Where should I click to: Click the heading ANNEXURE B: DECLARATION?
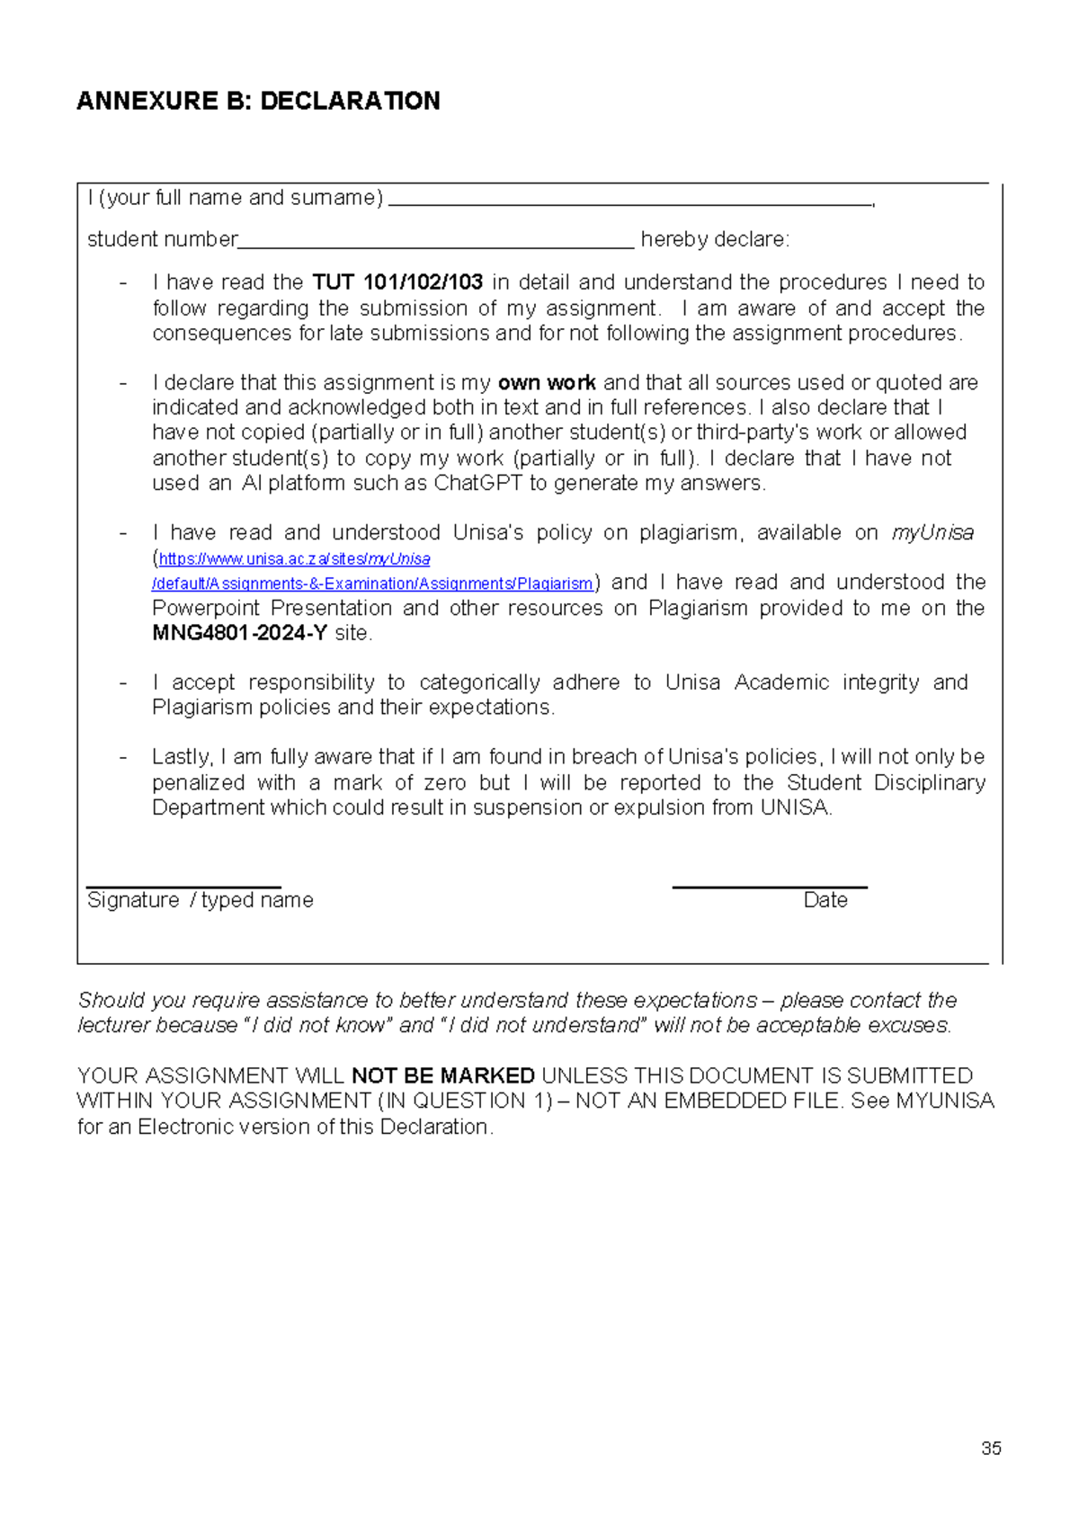pyautogui.click(x=258, y=101)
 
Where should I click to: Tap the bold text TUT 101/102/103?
pyautogui.click(x=397, y=282)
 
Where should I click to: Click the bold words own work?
pyautogui.click(x=547, y=383)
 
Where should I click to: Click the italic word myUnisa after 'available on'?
pyautogui.click(x=932, y=533)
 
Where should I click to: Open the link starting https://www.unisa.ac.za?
pyautogui.click(x=294, y=559)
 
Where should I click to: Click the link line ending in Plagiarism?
pyautogui.click(x=372, y=584)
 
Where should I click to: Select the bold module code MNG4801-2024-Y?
pyautogui.click(x=239, y=634)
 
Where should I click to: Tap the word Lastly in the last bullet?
pyautogui.click(x=181, y=758)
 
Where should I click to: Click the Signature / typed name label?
pyautogui.click(x=200, y=901)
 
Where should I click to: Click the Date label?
pyautogui.click(x=825, y=901)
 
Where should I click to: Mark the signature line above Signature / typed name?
pyautogui.click(x=183, y=887)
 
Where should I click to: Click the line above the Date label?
pyautogui.click(x=770, y=887)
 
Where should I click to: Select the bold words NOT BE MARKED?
pyautogui.click(x=443, y=1076)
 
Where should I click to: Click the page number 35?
pyautogui.click(x=991, y=1449)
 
